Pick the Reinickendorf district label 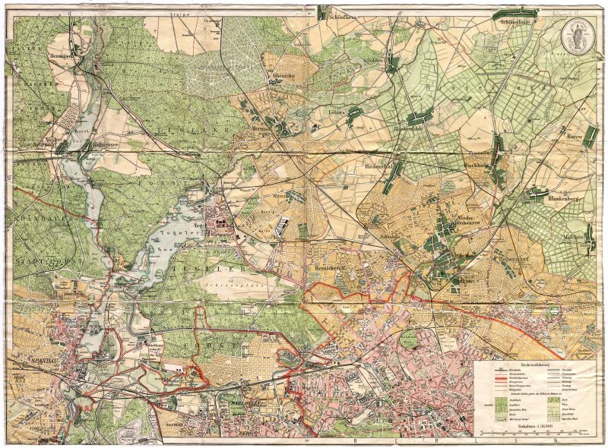(326, 270)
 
